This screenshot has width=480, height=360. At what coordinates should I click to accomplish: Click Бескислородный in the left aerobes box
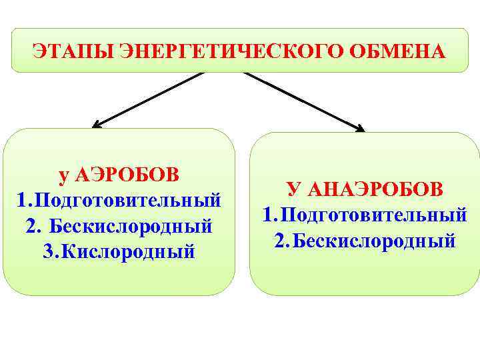tap(131, 226)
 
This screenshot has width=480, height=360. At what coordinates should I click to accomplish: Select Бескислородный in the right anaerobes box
tap(374, 240)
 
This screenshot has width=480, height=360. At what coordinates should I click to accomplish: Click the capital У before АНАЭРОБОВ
tap(293, 189)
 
